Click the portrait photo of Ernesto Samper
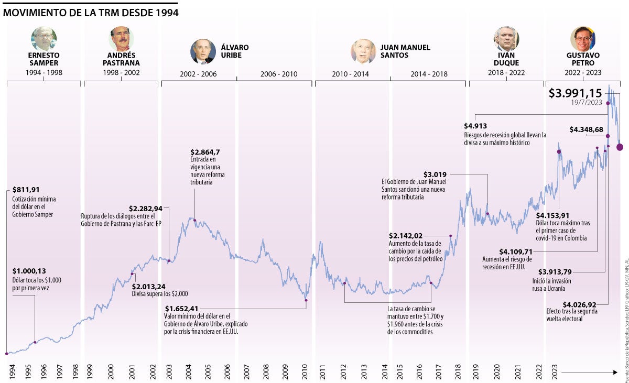[x=44, y=38]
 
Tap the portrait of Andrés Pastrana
[x=121, y=38]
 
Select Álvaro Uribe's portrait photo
[x=203, y=51]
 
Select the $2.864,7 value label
[x=205, y=152]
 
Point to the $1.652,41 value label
[x=182, y=308]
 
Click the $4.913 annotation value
[x=475, y=126]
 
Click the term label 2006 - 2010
[x=278, y=74]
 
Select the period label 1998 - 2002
[x=121, y=72]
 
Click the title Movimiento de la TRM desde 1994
[x=90, y=12]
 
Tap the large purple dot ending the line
[x=620, y=147]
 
